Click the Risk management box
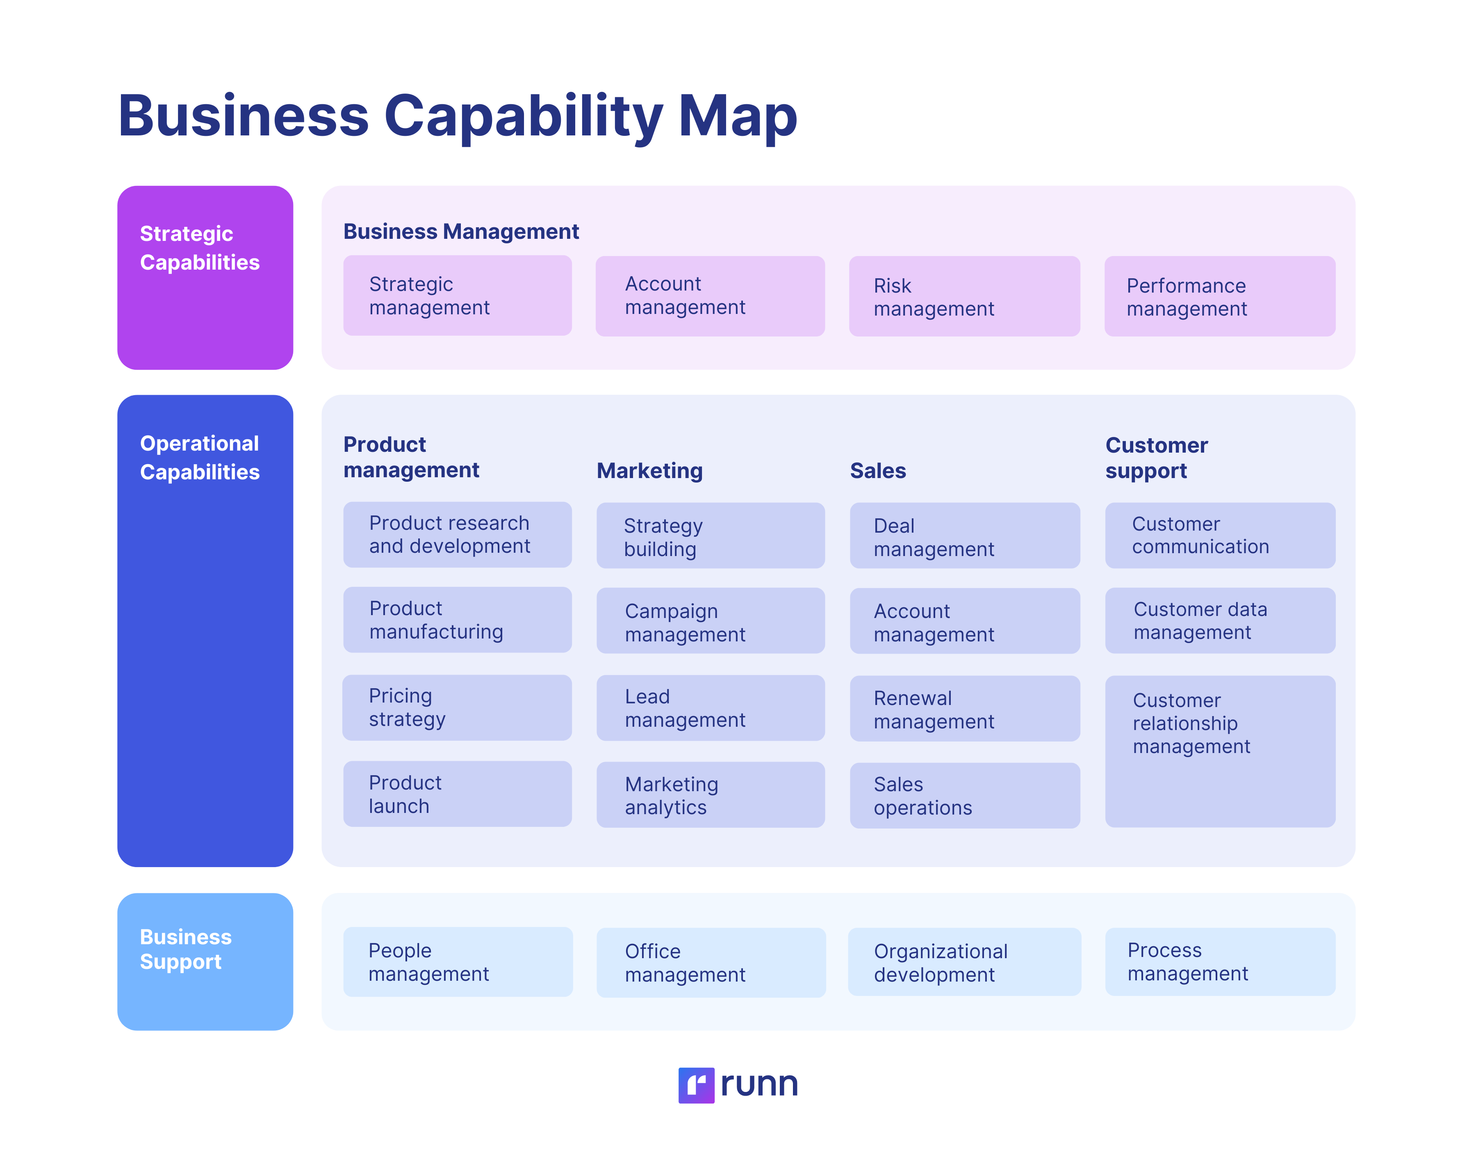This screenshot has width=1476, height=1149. tap(964, 296)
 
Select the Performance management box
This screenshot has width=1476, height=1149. tap(1219, 296)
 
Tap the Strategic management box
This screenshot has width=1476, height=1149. tap(457, 295)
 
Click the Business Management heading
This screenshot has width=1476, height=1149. tap(461, 231)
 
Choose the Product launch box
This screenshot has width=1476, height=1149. tap(457, 794)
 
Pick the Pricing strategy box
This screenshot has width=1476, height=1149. tap(457, 707)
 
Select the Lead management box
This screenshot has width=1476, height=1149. tap(710, 708)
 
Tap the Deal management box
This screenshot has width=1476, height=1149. tap(964, 536)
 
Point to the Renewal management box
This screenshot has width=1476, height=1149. tap(964, 709)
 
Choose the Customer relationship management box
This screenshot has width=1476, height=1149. tap(1219, 751)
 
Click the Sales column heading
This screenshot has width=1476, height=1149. tap(877, 471)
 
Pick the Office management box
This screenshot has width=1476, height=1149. tap(710, 962)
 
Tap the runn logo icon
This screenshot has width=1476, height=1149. tap(696, 1085)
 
